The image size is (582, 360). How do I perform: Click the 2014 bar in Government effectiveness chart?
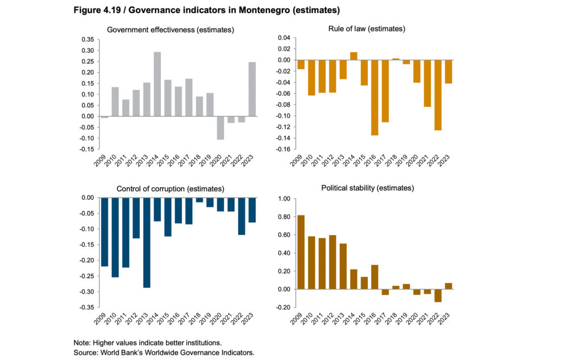[157, 84]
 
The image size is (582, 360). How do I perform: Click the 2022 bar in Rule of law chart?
[438, 95]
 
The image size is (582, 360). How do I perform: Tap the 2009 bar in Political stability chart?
[301, 252]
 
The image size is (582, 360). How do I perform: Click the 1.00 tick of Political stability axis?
[284, 198]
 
